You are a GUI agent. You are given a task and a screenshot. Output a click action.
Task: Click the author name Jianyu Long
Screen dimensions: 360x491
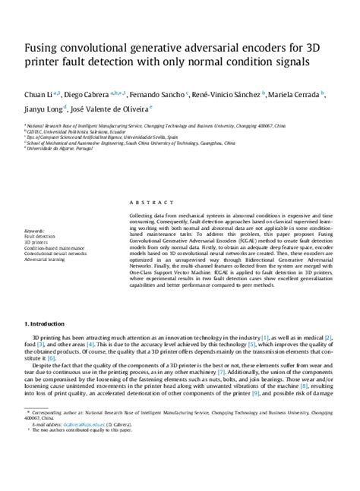click(x=44, y=109)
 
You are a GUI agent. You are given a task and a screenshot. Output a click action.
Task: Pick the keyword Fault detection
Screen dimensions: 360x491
click(x=39, y=235)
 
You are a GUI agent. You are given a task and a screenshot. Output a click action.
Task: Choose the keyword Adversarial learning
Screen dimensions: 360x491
click(x=46, y=258)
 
